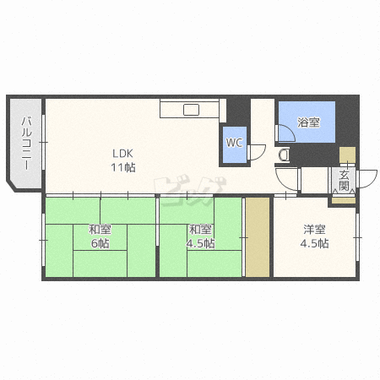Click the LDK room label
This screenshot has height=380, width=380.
(x=122, y=154)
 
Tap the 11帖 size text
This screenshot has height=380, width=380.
(x=123, y=168)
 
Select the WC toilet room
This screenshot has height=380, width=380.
(x=235, y=144)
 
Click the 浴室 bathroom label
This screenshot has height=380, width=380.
(x=308, y=122)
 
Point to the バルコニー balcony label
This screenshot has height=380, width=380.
(x=27, y=143)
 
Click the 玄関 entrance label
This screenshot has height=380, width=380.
(x=344, y=181)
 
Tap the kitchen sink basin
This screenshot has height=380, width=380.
(x=192, y=110)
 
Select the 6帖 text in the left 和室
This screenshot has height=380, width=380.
(x=100, y=243)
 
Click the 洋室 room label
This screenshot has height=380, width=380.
(x=314, y=230)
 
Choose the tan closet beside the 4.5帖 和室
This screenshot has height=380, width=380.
(x=258, y=237)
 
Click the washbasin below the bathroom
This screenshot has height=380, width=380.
(x=284, y=155)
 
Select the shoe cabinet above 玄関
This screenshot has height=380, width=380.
(x=347, y=155)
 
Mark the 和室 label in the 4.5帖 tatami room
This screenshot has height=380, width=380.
(x=200, y=230)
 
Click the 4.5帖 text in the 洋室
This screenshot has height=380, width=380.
(x=314, y=243)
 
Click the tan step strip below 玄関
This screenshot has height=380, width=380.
(x=344, y=200)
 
